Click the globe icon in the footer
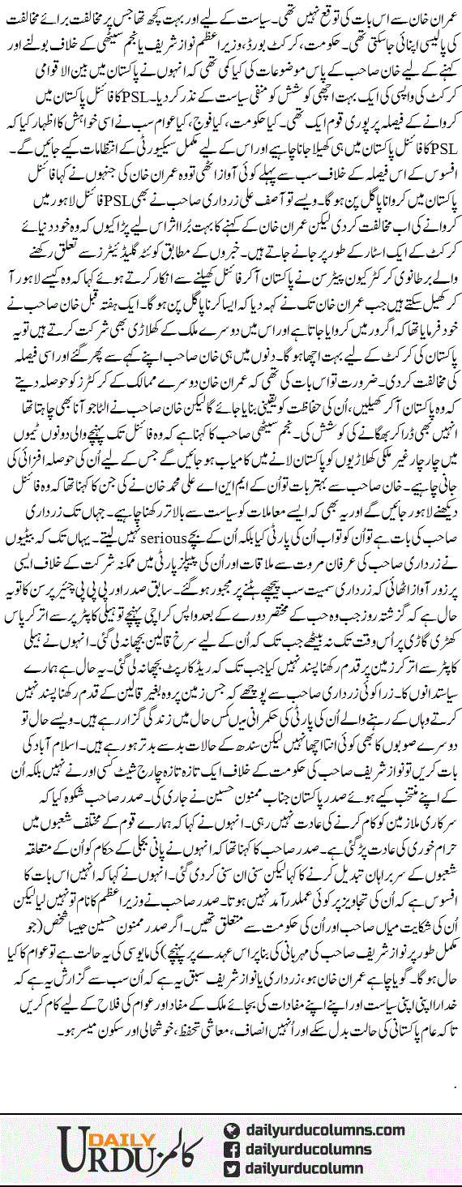[232, 1130]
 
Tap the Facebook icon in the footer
[232, 1149]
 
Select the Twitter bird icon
[232, 1168]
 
